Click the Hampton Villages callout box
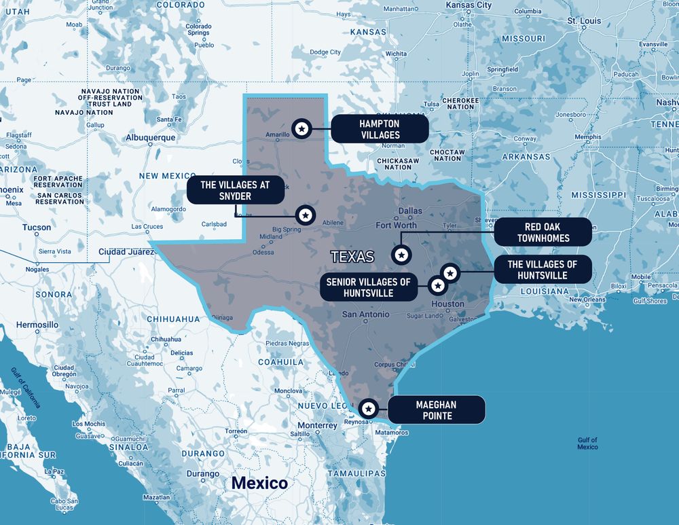(380, 128)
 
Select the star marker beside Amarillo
(301, 127)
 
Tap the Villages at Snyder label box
(236, 191)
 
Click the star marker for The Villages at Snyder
(306, 215)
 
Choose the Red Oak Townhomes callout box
(543, 232)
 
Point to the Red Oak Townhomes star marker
(401, 255)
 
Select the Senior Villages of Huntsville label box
(368, 287)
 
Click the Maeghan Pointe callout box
(436, 410)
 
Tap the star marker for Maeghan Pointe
(368, 408)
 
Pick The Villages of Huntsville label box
(543, 270)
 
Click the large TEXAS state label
(352, 257)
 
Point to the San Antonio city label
(365, 314)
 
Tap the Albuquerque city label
(150, 137)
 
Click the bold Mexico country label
(259, 483)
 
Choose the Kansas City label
(469, 5)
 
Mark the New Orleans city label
(587, 300)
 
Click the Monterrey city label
(317, 426)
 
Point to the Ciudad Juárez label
(126, 251)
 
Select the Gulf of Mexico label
(587, 443)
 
